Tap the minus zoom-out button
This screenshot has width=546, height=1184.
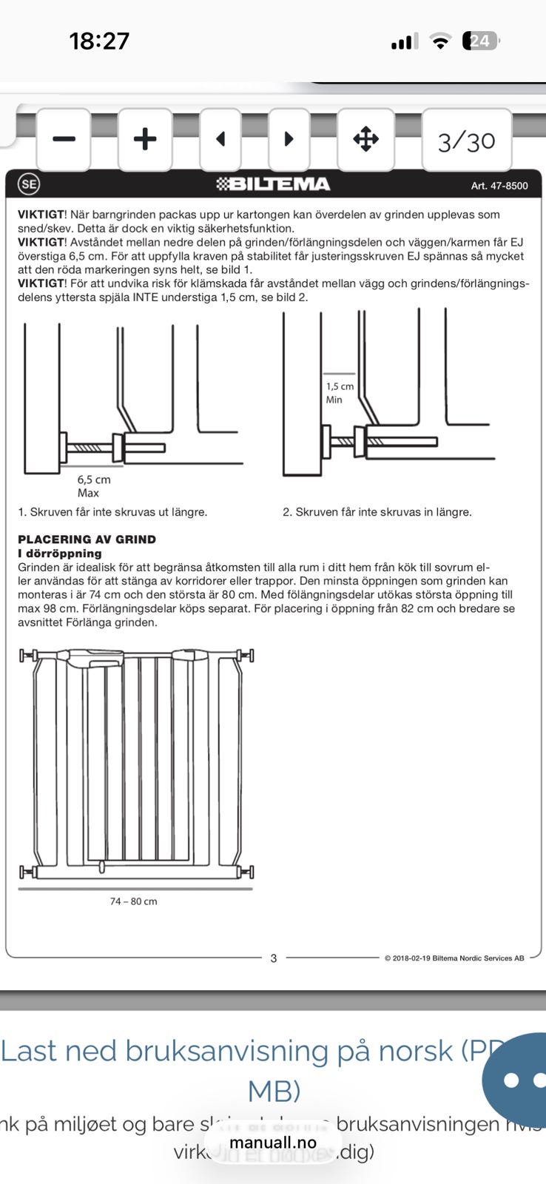[64, 139]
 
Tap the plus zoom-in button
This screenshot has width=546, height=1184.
[145, 139]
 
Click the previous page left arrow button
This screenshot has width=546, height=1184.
[220, 139]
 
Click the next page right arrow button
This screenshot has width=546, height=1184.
[289, 139]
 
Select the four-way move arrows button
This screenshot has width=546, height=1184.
[365, 139]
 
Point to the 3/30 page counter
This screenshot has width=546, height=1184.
[466, 141]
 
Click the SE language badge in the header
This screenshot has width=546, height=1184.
[29, 184]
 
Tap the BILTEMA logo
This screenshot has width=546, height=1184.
[273, 184]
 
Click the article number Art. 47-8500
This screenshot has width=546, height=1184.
[499, 186]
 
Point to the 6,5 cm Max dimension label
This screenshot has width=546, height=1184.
[93, 486]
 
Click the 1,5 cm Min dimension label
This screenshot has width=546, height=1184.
[340, 393]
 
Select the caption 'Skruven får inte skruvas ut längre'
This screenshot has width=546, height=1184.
[112, 512]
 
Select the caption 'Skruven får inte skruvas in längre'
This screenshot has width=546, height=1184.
[377, 512]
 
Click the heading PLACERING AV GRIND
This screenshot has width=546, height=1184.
[87, 539]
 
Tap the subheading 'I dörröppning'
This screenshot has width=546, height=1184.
[60, 554]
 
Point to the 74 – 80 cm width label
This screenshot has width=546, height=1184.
[134, 901]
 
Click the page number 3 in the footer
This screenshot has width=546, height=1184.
[274, 958]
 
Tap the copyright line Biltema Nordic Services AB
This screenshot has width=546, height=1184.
[454, 958]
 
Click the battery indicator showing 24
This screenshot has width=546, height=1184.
[480, 41]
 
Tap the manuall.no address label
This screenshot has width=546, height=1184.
[273, 1143]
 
